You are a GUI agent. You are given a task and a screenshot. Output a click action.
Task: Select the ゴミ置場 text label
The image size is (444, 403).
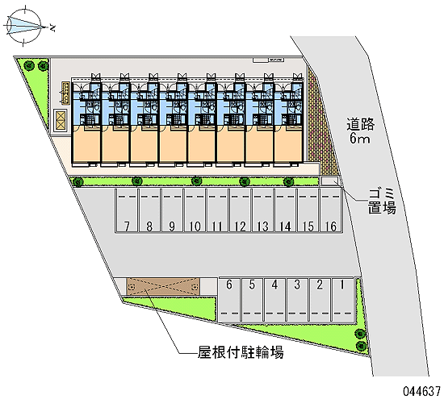click(382, 201)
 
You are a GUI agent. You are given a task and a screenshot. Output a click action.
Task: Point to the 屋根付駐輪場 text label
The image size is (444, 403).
click(241, 352)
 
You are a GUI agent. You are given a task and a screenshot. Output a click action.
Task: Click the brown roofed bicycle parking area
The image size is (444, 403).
click(163, 286)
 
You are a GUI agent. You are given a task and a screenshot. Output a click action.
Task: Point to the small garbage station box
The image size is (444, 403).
click(329, 181)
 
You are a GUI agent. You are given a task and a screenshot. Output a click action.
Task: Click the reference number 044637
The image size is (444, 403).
click(422, 392)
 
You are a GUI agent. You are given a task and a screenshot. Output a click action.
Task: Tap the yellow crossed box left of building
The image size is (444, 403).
click(61, 120)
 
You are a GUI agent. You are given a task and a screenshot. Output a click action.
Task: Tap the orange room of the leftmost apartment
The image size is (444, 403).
click(86, 144)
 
